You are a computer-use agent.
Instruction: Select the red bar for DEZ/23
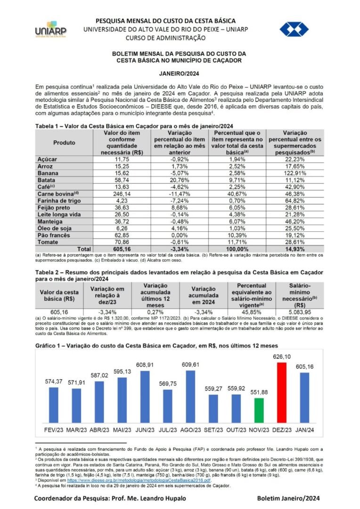(282, 392)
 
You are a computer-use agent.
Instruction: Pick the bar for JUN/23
(145, 396)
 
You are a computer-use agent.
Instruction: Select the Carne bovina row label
(59, 194)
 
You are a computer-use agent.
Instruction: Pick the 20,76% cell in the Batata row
(178, 180)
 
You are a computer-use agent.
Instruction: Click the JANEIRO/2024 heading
(180, 74)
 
